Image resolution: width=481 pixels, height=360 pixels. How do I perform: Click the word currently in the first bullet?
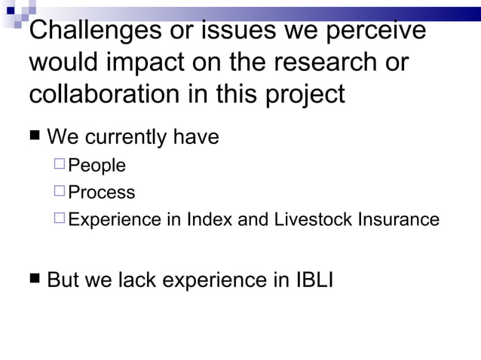tap(126, 138)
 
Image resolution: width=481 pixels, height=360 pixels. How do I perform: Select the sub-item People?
tap(97, 166)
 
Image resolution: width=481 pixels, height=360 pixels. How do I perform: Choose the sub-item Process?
tap(102, 192)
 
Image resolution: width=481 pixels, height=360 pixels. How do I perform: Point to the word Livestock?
tap(307, 219)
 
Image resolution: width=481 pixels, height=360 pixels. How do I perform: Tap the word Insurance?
tap(397, 219)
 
